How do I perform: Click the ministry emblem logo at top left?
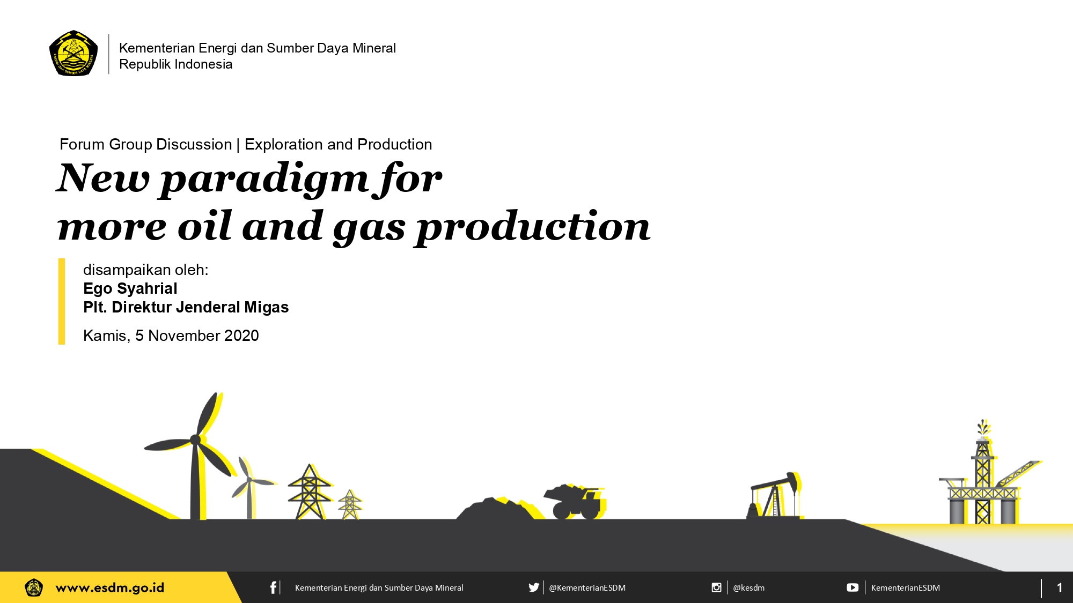pos(74,53)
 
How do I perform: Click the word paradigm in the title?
pos(264,179)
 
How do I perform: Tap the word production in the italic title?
pos(533,227)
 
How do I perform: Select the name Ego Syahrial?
pos(130,288)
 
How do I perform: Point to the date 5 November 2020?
pos(197,336)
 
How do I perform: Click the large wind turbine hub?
pos(195,440)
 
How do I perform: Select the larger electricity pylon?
pos(310,492)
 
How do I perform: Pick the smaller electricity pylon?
pos(350,504)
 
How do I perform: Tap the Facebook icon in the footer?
pos(273,587)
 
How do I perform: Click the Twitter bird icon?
pos(534,587)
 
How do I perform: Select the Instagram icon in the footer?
pos(716,587)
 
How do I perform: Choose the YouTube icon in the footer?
pos(852,587)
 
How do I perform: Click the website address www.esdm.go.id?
pos(110,588)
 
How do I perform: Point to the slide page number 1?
pos(1060,587)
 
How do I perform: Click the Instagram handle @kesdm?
pos(749,587)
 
